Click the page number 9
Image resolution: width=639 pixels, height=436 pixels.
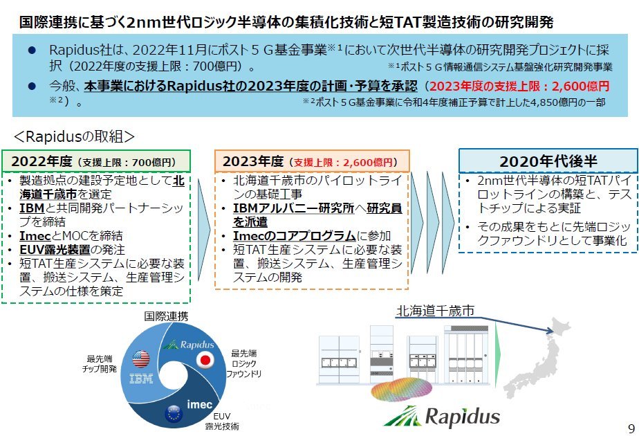tap(631, 426)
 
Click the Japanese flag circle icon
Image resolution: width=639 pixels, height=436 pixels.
tap(205, 360)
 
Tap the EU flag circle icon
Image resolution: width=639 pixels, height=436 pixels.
tap(172, 415)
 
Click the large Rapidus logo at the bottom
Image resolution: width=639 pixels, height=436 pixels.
tap(442, 415)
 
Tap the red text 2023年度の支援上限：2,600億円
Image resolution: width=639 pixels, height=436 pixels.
tap(519, 87)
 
